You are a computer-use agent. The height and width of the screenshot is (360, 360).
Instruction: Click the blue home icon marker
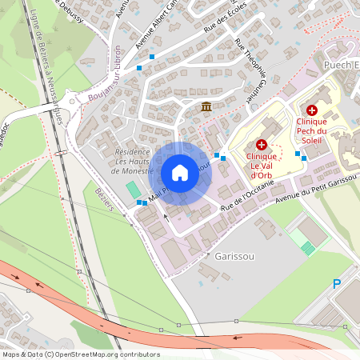point(180,173)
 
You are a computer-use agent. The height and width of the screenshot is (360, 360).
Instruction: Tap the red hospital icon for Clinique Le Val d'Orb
point(262,145)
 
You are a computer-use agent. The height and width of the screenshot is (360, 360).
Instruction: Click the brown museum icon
point(206,107)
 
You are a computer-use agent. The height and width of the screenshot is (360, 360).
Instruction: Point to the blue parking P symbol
point(337,283)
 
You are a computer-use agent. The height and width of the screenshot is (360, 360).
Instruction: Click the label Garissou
point(232,255)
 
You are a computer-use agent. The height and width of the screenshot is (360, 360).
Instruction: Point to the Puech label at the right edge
point(340,64)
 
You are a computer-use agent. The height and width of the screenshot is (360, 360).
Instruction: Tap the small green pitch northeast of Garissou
point(308,248)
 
